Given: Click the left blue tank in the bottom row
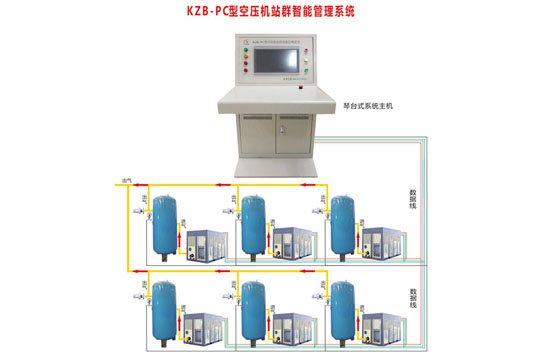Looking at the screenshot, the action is (x=160, y=313).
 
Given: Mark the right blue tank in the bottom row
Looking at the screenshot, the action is (x=343, y=313).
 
